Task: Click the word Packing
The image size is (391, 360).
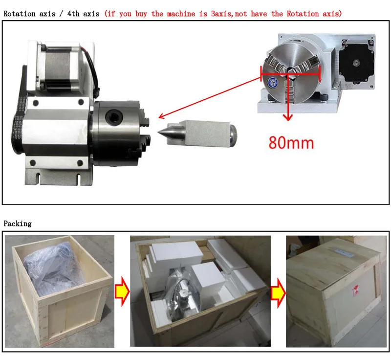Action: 18,224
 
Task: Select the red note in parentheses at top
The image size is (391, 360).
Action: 223,14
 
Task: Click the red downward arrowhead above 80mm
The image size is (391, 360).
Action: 289,117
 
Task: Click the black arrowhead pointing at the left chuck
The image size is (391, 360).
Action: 161,116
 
